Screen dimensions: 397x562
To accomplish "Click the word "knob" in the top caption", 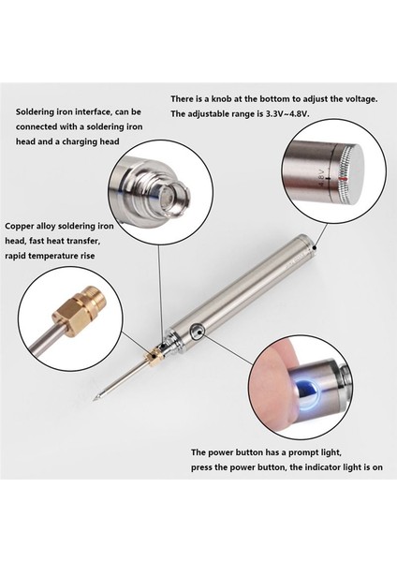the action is click(218, 99).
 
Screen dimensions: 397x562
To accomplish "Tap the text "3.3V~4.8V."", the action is click(287, 114).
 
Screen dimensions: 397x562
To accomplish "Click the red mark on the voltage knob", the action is click(344, 178).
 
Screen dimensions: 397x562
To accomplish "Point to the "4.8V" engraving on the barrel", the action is click(321, 178).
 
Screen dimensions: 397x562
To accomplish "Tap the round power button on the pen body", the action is click(198, 332).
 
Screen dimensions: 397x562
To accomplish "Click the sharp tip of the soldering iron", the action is click(95, 399).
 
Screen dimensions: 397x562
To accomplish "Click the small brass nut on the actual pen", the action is click(154, 357).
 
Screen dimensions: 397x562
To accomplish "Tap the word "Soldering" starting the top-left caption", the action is click(35, 111).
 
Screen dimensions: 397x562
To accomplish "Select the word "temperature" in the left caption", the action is click(53, 256).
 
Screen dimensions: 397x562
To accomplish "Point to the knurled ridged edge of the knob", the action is click(345, 178).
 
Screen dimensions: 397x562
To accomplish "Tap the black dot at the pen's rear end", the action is click(315, 247).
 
